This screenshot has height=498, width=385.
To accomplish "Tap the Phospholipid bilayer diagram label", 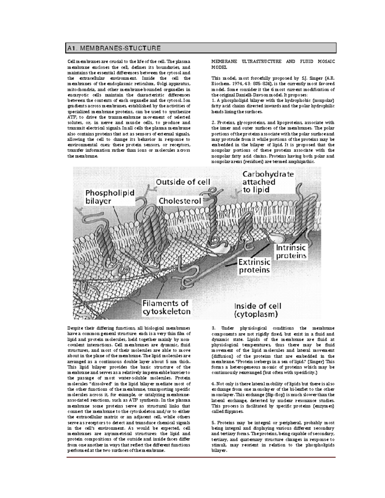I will click(x=109, y=197).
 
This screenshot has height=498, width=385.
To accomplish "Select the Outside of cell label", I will click(x=183, y=182).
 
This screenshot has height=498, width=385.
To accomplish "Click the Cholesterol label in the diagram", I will click(x=180, y=201).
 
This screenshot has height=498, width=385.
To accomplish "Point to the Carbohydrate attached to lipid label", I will click(x=268, y=182).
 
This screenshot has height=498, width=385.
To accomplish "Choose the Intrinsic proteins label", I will click(x=291, y=252).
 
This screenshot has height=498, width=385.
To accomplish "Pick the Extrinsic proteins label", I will click(x=254, y=266).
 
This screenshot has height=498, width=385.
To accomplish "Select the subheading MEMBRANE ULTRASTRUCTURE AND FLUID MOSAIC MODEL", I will click(x=273, y=64).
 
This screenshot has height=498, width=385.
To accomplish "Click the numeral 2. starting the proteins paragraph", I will click(x=213, y=122).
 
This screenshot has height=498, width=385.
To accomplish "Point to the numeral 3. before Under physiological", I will click(x=213, y=328).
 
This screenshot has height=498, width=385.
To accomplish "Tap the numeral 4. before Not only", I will click(x=213, y=384).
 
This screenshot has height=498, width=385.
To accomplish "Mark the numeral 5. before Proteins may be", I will click(x=213, y=423).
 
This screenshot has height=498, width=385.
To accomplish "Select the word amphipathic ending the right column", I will click(x=301, y=162).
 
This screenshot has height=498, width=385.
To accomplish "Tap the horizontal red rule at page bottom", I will click(x=201, y=457).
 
